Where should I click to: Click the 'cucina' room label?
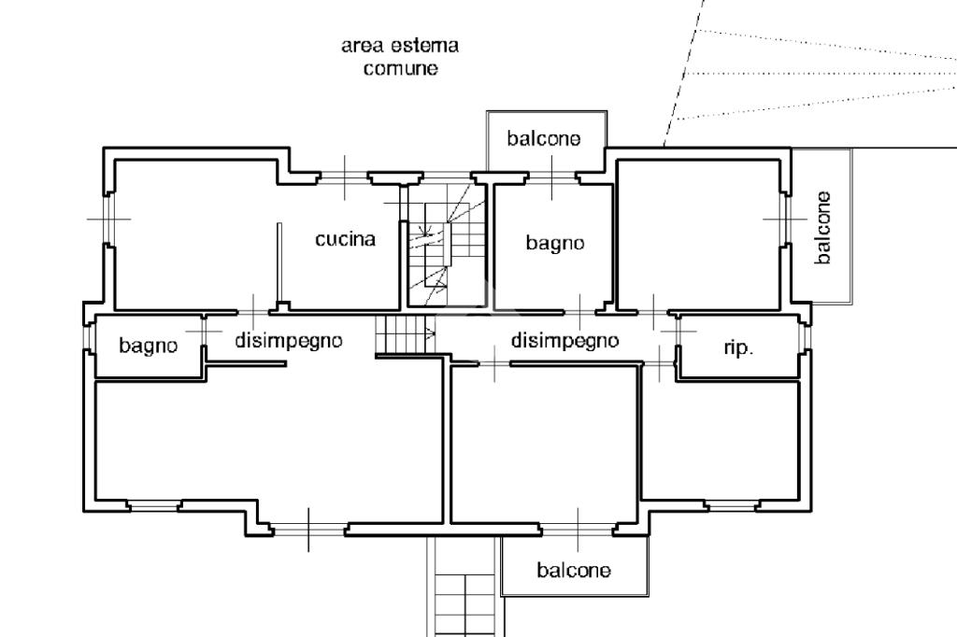345,239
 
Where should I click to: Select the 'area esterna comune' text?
400,57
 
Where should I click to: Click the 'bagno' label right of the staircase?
554,243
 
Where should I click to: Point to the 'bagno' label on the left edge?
148,346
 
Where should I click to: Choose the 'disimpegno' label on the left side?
289,341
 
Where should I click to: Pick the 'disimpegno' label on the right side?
564,341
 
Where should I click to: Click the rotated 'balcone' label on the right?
822,228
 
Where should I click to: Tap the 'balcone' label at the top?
544,139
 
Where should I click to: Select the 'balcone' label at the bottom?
574,570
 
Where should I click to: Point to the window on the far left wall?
107,219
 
